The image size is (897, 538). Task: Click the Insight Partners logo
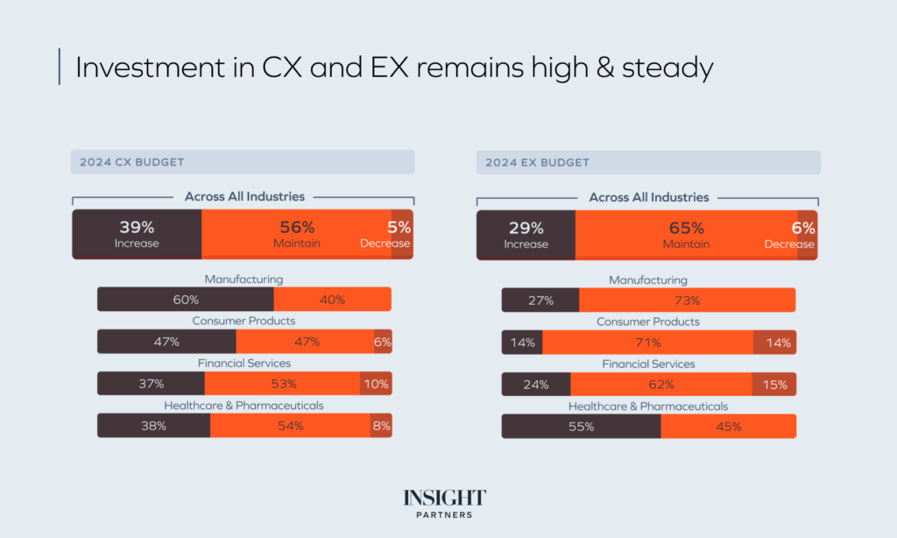pos(444,503)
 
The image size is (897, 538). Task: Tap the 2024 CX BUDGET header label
pos(131,162)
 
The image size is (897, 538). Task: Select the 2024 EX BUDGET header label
pos(537,162)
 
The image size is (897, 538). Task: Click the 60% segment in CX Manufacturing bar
pos(185,300)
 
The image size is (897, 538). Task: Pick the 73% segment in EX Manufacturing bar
pos(687,301)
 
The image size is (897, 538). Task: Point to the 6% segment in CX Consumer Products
pos(383,342)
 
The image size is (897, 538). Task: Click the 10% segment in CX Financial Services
pos(376,384)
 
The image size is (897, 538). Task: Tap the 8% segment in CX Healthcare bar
pos(381,426)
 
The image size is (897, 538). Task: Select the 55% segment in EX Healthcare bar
pos(581,427)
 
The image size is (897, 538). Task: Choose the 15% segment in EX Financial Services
pos(774,385)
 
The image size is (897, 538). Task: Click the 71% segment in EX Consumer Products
pos(647,343)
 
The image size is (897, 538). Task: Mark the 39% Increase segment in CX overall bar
pos(137,234)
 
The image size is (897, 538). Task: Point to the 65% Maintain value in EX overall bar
pos(686,228)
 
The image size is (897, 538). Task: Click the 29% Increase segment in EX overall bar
pos(526,235)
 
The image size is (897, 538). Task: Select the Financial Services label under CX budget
pos(244,363)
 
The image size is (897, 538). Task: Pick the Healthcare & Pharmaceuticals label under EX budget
pos(648,406)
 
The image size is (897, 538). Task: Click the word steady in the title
pos(667,68)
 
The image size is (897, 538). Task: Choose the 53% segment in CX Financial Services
pos(282,384)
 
